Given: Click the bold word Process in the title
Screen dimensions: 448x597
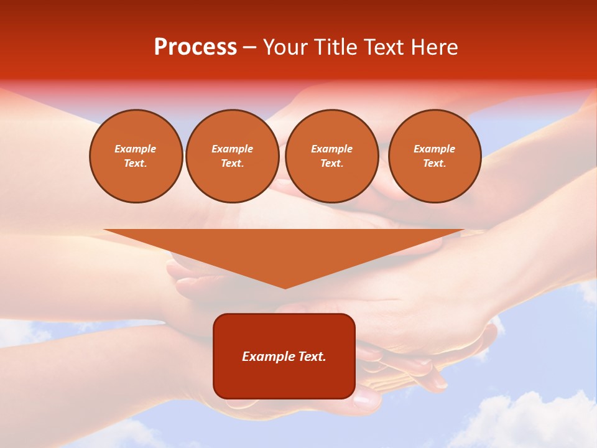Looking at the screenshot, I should coord(195,47).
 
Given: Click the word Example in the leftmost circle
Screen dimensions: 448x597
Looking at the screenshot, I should coord(136,149).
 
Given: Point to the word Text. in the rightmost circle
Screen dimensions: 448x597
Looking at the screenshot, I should coord(434,163).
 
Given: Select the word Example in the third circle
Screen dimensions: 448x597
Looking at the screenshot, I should coord(331,149).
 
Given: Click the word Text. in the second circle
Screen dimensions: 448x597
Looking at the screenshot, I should coord(232,163).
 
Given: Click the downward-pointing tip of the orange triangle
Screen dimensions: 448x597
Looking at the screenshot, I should coord(285,287).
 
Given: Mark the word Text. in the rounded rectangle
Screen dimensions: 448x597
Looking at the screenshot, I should coord(312,357).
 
